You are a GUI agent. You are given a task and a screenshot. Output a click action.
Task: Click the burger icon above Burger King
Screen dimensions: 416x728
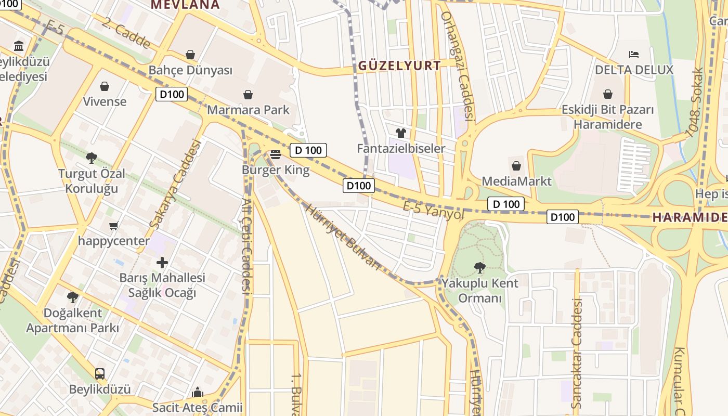276,154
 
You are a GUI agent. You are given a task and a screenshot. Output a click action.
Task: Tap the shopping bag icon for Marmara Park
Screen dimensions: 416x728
248,95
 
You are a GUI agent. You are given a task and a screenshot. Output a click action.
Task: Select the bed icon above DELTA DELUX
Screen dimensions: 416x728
633,54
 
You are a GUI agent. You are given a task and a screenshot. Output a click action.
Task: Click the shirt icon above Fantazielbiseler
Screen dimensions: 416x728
400,133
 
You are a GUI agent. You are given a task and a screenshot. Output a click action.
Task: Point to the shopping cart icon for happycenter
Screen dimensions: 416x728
114,226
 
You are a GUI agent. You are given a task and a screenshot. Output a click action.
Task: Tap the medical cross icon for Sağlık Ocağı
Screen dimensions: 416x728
162,262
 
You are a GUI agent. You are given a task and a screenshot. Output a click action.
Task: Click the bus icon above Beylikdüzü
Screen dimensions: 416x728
100,373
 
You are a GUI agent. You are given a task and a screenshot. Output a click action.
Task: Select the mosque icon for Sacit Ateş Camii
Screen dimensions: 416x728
198,392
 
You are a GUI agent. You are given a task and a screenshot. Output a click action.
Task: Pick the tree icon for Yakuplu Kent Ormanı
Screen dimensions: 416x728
479,268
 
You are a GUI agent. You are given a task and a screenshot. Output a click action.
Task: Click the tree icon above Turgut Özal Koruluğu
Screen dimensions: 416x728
92,158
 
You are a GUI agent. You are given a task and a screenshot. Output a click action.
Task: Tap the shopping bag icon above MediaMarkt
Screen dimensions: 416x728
516,166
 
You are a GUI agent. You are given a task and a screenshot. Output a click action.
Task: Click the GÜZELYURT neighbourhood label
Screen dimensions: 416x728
399,66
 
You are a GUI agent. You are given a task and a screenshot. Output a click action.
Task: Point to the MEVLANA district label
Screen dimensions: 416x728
185,5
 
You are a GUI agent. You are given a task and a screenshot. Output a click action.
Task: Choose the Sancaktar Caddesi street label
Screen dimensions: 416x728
576,354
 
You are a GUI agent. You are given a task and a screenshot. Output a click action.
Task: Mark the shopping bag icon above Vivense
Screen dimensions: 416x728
105,86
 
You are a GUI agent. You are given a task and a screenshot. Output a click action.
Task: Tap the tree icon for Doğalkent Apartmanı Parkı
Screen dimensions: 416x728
73,297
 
